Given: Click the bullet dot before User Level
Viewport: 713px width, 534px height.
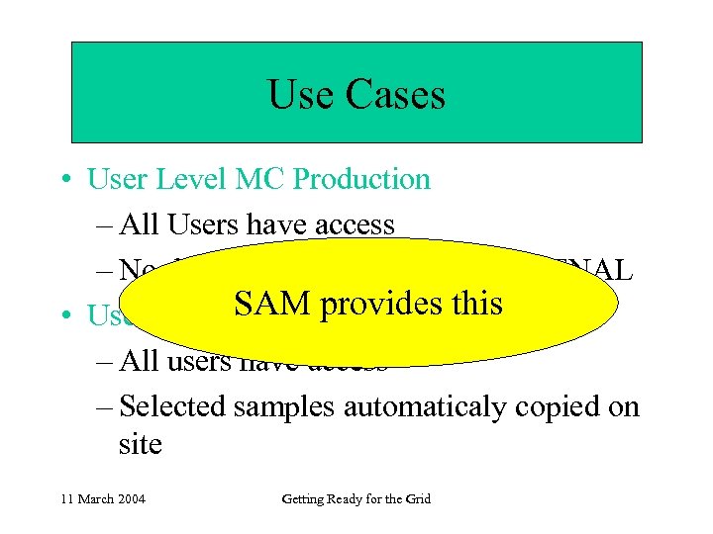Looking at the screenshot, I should coord(72,180).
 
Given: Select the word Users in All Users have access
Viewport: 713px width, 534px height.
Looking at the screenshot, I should coord(210,225).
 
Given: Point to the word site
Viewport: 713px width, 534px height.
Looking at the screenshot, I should coord(140,444).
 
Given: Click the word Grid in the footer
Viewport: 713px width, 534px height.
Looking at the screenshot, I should coord(418,499).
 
